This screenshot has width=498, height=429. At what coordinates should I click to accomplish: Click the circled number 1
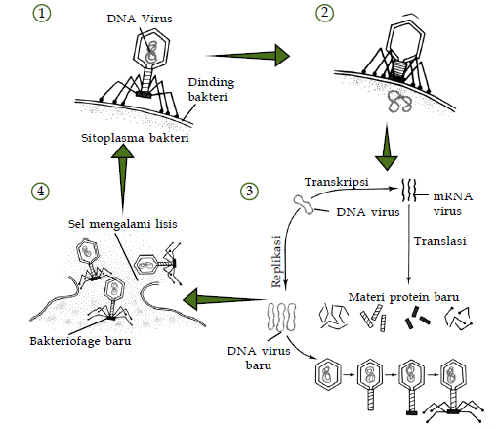pos(42,14)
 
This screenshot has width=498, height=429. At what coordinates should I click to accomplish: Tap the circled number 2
pos(324,13)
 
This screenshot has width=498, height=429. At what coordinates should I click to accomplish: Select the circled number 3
pos(249,191)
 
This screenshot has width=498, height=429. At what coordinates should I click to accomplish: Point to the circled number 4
pos(40,191)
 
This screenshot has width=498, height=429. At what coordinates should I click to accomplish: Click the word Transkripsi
pos(336,182)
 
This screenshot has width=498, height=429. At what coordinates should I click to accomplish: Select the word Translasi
pos(439,241)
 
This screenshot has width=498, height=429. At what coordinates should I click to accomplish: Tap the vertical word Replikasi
pos(276,262)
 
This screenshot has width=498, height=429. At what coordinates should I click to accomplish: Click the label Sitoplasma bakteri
pos(135,138)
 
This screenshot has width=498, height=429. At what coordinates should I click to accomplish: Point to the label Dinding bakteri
pos(211,89)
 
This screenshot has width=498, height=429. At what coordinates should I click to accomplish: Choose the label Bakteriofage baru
pos(80,341)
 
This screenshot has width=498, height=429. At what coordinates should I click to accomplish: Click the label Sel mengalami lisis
pos(122,224)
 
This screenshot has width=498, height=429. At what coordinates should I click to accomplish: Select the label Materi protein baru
pos(403,297)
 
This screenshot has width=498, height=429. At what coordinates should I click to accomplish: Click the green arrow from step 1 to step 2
pos(247,56)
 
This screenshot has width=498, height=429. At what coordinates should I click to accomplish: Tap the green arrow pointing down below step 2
pos(387,147)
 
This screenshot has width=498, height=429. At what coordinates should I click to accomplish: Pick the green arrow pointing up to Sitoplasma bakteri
pos(122,179)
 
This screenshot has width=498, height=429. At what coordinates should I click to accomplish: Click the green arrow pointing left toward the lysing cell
pos(225,299)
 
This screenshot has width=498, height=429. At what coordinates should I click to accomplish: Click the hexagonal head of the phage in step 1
pos(151,49)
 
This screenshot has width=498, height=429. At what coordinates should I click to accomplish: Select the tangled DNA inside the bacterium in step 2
pos(399,102)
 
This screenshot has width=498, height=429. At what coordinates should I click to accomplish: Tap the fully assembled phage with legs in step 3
pos(454,391)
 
